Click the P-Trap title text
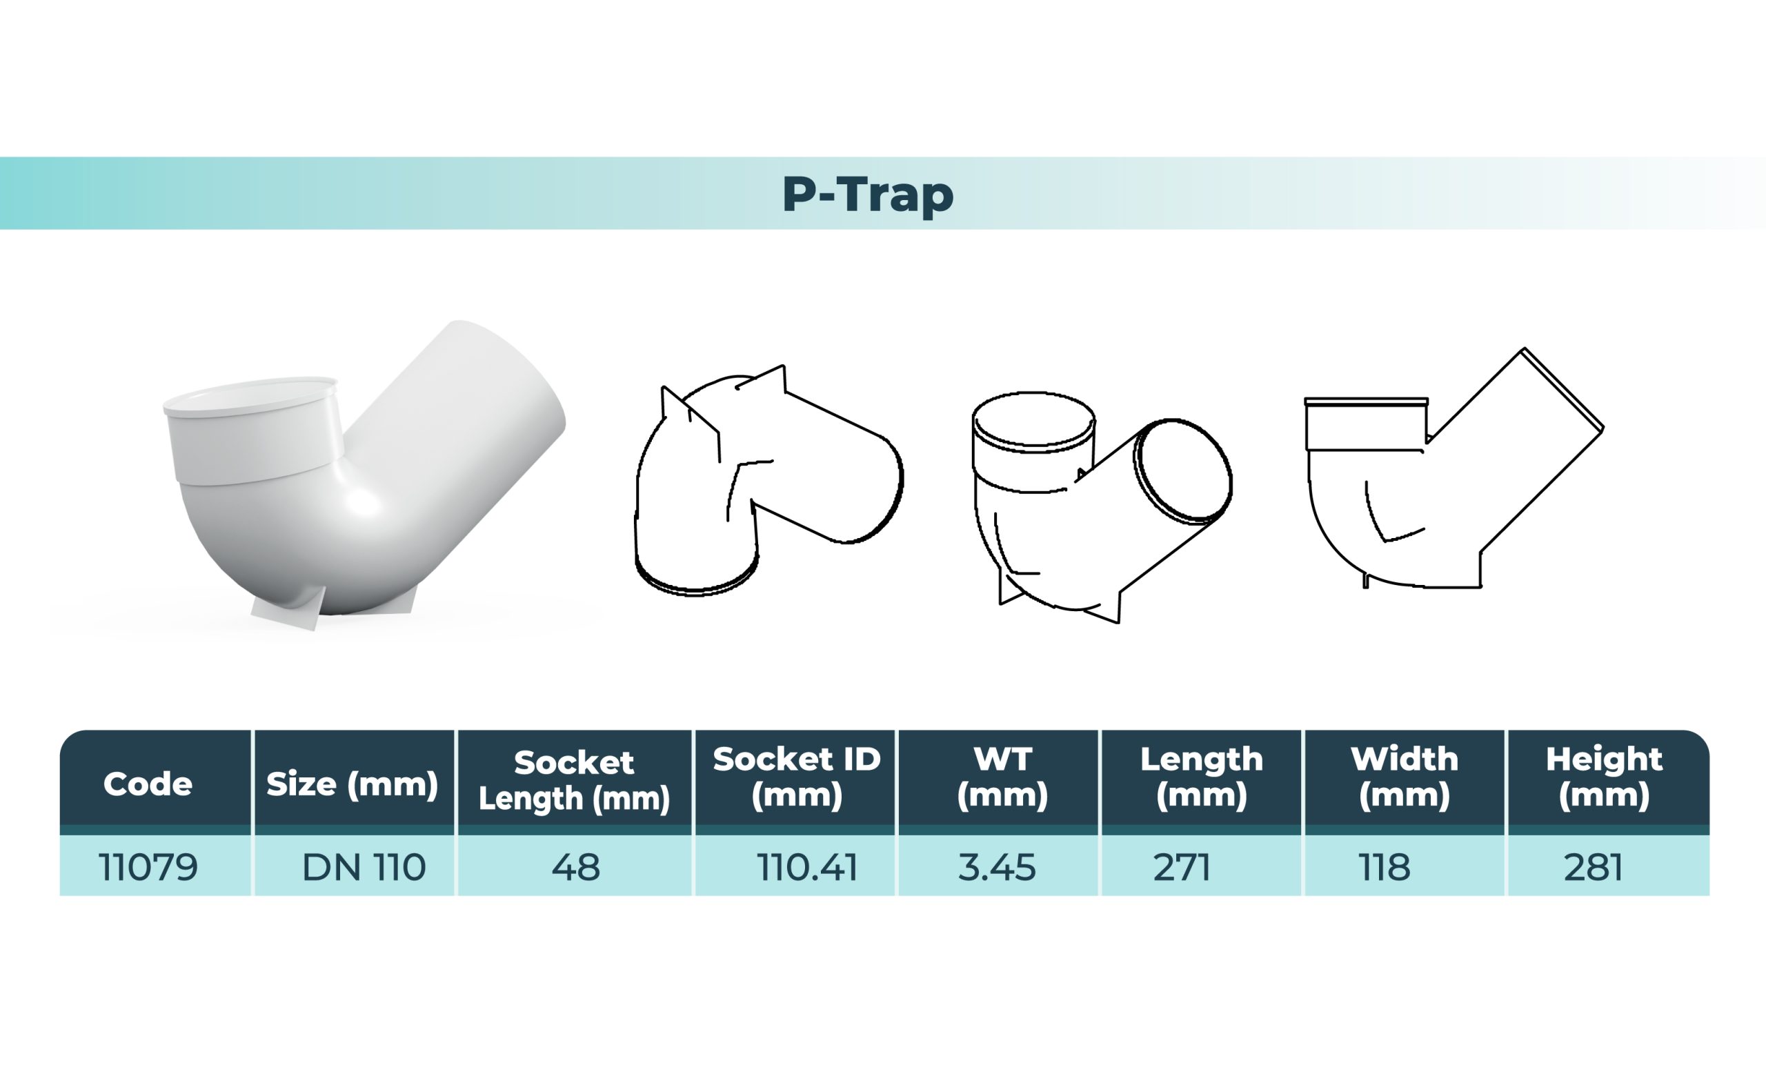point(867,194)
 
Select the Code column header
point(148,784)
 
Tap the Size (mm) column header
point(352,784)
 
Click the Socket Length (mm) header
point(574,780)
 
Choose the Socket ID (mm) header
point(796,777)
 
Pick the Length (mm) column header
point(1201,777)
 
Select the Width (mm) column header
point(1404,777)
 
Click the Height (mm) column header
point(1604,777)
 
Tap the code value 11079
point(148,868)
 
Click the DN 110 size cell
point(364,868)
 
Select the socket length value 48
point(575,868)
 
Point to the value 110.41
point(807,868)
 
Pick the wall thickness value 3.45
point(997,868)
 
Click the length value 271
point(1182,868)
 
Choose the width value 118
point(1385,868)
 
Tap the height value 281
point(1594,868)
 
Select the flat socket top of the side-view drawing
point(1366,402)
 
